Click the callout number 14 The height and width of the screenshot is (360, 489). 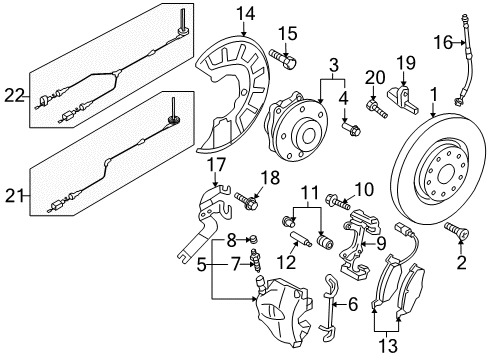click(246, 14)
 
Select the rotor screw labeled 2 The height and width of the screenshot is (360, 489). click(457, 230)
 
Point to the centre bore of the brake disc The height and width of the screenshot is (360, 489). click(446, 174)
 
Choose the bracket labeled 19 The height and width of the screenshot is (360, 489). click(403, 98)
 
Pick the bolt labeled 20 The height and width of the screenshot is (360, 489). click(377, 108)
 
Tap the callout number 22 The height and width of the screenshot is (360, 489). click(14, 96)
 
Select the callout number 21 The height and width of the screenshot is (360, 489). click(14, 196)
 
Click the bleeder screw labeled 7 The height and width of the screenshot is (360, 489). click(256, 260)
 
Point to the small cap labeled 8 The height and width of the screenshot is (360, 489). click(254, 239)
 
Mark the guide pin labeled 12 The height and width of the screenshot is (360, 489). click(301, 240)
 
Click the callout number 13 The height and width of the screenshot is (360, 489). click(389, 346)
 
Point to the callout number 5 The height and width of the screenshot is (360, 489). click(201, 265)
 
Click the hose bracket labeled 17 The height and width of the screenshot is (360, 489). click(204, 223)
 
